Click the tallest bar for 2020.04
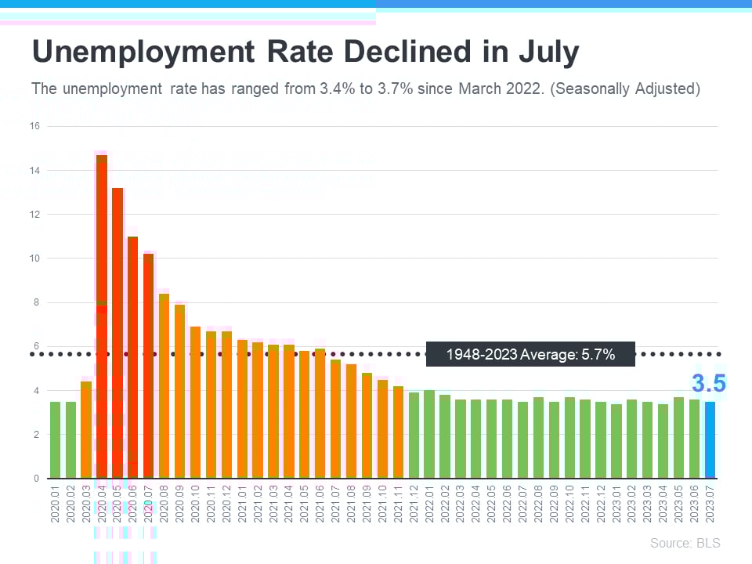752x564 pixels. click(x=102, y=313)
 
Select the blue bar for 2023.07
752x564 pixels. click(x=710, y=439)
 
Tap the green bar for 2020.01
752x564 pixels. click(x=55, y=439)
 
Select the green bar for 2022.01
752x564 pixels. click(x=428, y=434)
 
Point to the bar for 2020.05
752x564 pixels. click(x=117, y=333)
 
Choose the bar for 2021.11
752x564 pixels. click(x=398, y=432)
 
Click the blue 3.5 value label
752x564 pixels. click(x=708, y=384)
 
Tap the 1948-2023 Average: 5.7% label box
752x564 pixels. click(x=530, y=354)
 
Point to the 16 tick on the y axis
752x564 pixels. click(x=34, y=126)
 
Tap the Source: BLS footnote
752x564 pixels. click(x=685, y=543)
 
